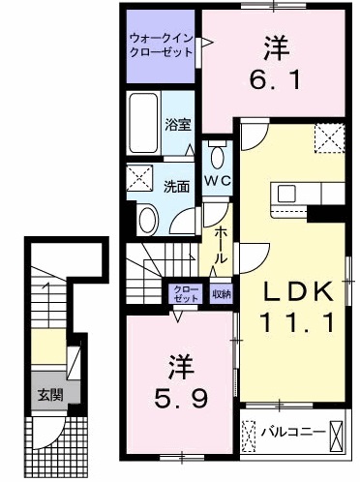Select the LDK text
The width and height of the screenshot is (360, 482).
point(297,291)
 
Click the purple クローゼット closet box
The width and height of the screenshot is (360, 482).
point(183,293)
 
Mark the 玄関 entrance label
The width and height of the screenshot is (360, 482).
point(48,394)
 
